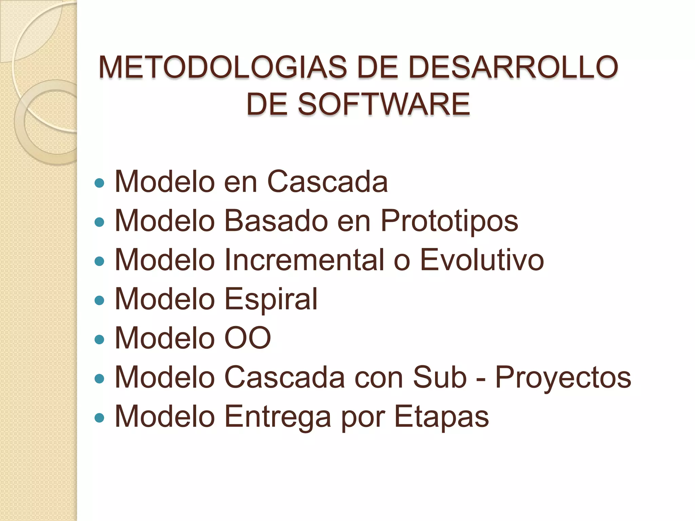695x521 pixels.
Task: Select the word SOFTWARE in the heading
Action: point(384,104)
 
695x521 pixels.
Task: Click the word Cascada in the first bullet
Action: point(327,182)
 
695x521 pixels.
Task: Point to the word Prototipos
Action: point(449,221)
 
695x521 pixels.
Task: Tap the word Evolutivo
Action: point(482,260)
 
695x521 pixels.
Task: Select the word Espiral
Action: point(271,300)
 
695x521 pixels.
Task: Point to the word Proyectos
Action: point(563,378)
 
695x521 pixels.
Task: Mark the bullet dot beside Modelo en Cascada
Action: point(99,184)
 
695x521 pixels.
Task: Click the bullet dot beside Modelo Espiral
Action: point(99,301)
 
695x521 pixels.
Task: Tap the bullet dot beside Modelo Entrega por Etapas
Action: point(99,418)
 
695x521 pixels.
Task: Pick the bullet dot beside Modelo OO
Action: point(99,340)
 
